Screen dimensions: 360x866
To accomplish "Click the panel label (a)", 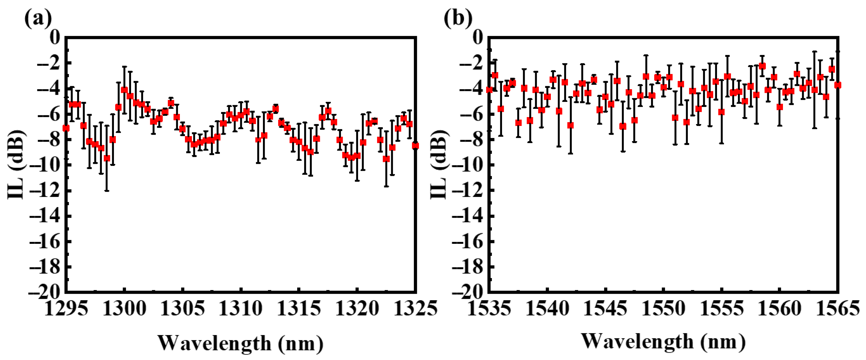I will coord(38,19).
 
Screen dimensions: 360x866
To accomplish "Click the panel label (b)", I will coord(458,19).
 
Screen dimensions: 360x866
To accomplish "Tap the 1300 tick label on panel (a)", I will coord(124,308).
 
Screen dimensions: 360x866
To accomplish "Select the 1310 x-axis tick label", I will coord(240,308).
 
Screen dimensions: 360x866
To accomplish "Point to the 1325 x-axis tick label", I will coord(416,308).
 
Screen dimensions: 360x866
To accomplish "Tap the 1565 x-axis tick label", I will coord(838,308).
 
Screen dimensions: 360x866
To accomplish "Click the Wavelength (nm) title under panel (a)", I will coord(240,343).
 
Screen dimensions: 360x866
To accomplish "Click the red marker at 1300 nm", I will coord(124,90).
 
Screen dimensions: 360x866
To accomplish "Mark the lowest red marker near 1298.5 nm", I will coord(107,158).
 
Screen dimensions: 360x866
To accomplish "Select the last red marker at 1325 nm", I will coord(416,146).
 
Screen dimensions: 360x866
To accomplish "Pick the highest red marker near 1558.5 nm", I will coord(762,66).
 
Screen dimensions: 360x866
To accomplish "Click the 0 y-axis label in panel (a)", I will coord(55,38).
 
